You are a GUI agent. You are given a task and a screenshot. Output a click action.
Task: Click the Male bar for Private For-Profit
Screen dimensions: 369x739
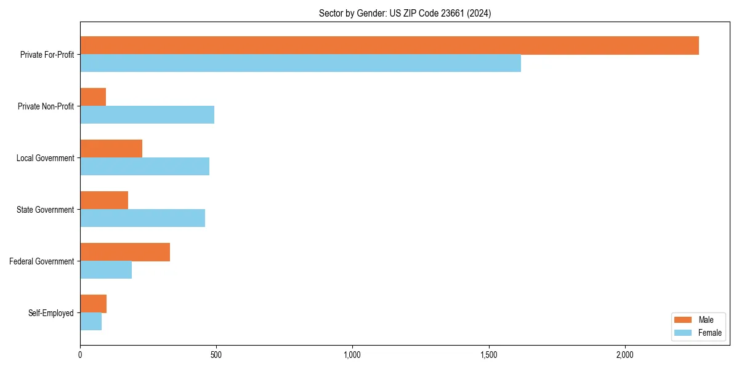coord(389,46)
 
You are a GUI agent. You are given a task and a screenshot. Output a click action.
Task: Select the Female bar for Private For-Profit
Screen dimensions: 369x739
coord(301,63)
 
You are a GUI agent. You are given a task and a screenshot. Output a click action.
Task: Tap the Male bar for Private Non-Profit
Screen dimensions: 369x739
coord(93,97)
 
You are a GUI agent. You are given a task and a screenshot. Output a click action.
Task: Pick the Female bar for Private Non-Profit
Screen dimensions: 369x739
coord(147,115)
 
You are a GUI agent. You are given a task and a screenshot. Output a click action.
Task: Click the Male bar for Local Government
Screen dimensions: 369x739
coord(111,149)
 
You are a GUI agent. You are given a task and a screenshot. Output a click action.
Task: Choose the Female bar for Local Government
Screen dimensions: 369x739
coord(145,167)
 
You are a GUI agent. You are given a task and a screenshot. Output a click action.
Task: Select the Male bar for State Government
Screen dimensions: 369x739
coord(104,200)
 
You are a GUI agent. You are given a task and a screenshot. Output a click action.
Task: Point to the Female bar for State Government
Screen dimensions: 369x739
coord(142,218)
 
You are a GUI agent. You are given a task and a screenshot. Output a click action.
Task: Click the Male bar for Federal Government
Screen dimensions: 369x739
coord(125,252)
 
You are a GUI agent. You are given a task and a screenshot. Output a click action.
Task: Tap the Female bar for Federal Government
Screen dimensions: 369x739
coord(106,270)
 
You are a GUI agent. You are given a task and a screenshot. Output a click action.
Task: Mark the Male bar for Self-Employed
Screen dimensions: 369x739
coord(93,304)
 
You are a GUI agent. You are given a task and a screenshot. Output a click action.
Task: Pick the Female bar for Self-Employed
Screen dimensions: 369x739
coord(91,322)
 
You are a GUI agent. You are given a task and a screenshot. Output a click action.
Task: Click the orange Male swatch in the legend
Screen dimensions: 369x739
coord(684,320)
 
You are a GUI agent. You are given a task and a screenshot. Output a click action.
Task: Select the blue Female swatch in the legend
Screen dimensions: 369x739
coord(684,333)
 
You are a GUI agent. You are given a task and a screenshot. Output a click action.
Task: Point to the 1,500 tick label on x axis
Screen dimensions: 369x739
coord(488,355)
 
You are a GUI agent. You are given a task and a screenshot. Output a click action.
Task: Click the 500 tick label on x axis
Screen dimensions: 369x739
coord(216,355)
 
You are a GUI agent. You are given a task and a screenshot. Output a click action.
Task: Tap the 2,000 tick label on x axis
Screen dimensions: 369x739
coord(624,355)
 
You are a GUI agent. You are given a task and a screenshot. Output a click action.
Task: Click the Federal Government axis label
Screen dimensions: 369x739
coord(42,261)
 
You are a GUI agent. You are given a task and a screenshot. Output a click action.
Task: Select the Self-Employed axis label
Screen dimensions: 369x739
coord(51,313)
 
